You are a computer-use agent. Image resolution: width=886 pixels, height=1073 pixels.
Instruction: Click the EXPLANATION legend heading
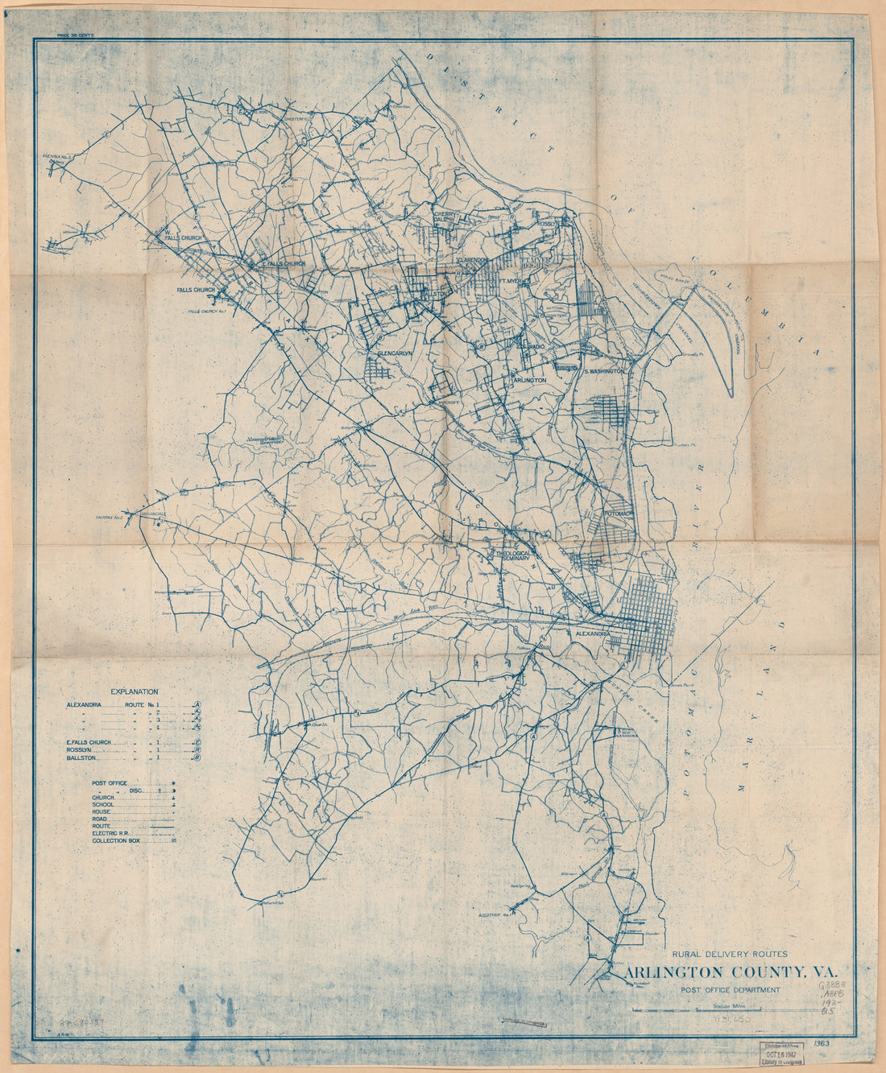point(135,691)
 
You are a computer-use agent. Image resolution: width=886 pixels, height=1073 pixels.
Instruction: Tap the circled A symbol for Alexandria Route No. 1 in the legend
point(197,705)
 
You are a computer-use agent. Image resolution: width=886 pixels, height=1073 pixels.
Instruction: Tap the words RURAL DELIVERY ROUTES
point(735,954)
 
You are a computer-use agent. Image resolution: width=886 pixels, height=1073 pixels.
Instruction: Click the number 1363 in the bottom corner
point(822,1044)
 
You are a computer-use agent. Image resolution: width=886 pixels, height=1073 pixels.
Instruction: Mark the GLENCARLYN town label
point(395,353)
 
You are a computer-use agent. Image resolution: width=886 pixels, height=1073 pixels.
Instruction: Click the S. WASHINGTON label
point(605,371)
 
